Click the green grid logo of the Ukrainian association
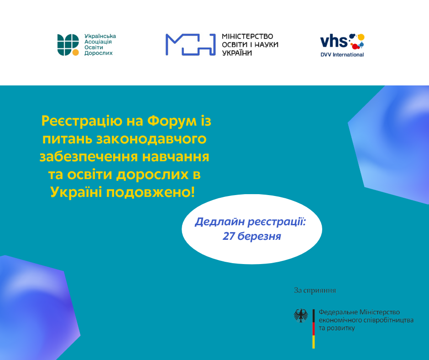[68, 45]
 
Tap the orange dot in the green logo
[75, 53]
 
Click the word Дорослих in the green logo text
[99, 53]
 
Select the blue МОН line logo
[190, 44]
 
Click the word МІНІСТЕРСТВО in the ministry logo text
[247, 37]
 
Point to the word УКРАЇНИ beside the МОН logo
[237, 53]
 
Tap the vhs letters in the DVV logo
[334, 41]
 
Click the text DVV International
[342, 55]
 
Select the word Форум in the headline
[172, 121]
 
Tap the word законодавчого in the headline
[152, 139]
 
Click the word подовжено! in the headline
[151, 192]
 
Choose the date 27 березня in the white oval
[252, 236]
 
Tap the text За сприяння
[315, 291]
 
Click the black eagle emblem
[301, 316]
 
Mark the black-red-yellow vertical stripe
[314, 329]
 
